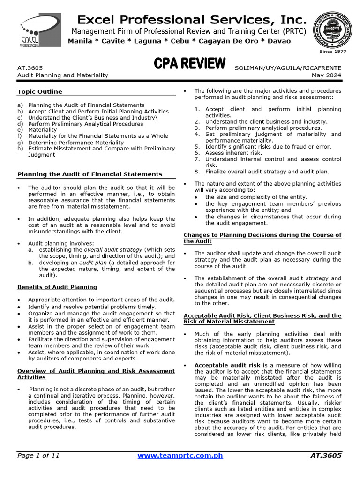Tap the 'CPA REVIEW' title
click(190, 65)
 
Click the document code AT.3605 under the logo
click(30, 68)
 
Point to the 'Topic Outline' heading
click(40, 92)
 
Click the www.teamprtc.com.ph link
click(180, 455)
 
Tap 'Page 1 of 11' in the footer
click(38, 455)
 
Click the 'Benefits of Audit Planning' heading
click(57, 287)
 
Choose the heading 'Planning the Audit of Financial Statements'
click(90, 174)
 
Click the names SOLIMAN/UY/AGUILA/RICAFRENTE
click(288, 68)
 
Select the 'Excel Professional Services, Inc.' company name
click(192, 20)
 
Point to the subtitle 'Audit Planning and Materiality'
click(63, 75)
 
